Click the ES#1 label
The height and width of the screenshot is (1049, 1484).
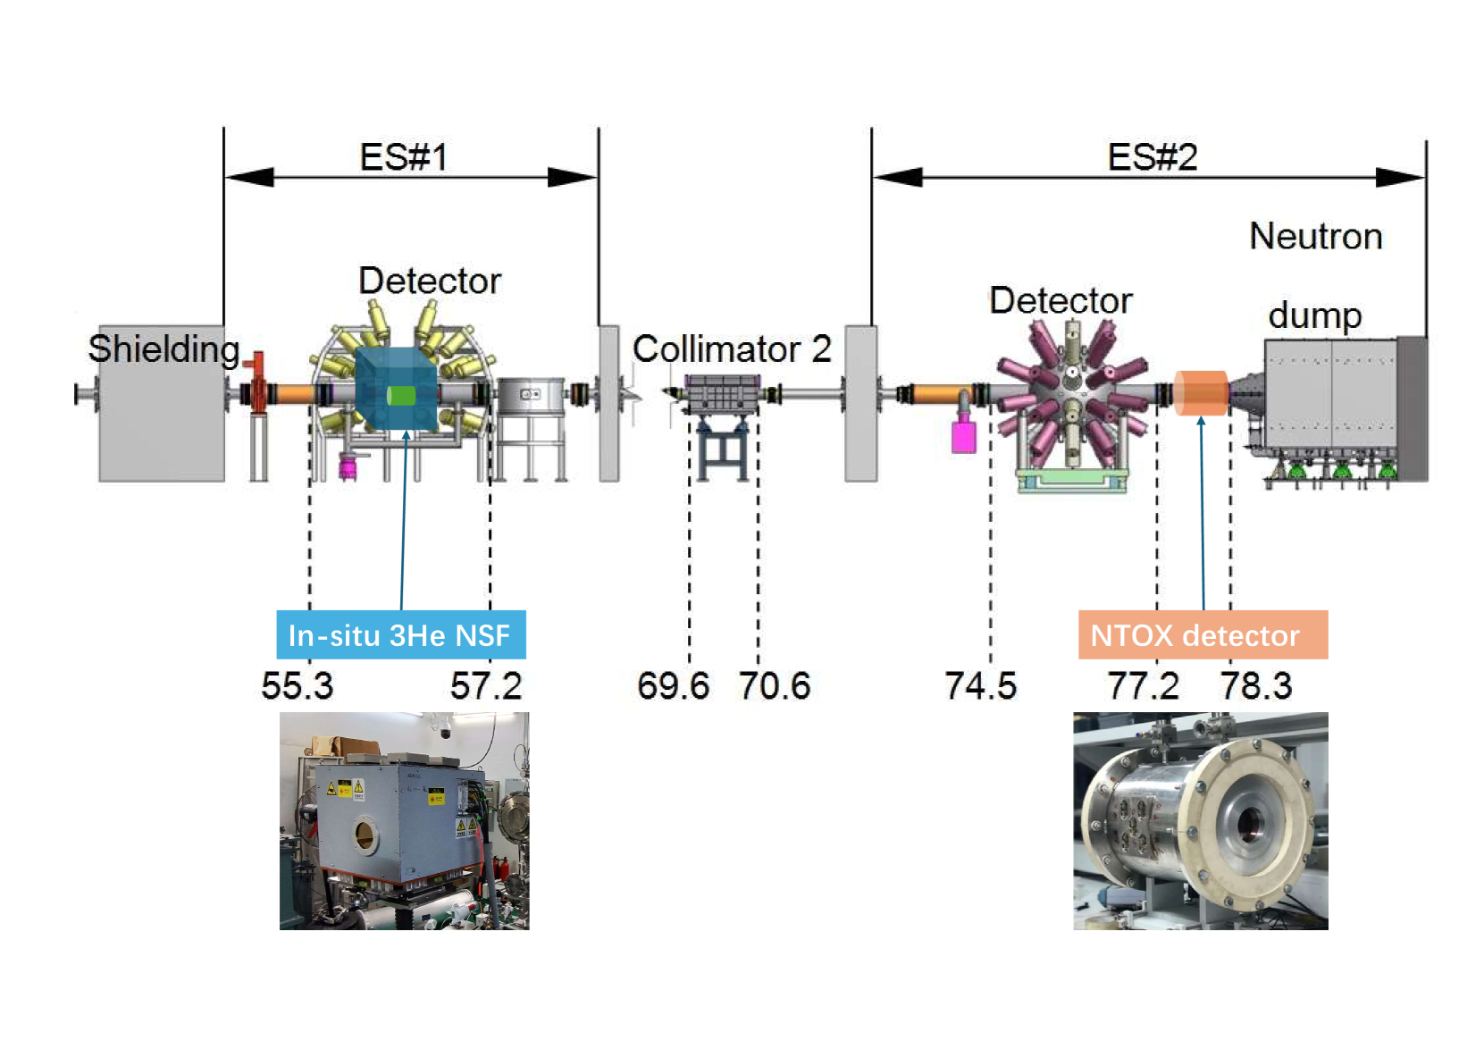[404, 157]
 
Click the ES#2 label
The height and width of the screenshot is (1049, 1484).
[1153, 157]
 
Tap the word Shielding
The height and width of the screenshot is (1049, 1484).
[163, 349]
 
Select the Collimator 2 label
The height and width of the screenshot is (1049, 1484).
[732, 348]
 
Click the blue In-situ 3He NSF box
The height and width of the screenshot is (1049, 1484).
[401, 634]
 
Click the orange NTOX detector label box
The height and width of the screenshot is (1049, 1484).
[1203, 634]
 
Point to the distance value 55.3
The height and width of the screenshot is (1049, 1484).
[297, 686]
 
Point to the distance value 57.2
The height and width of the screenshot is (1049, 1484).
[486, 686]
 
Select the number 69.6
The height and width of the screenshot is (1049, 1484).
[673, 686]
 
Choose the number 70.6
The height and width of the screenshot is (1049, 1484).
[775, 686]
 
